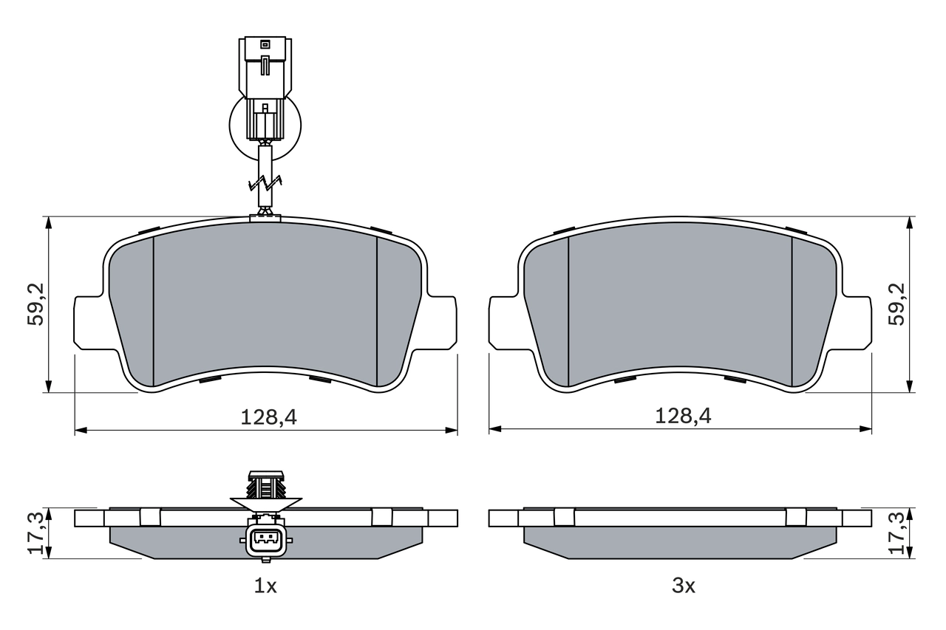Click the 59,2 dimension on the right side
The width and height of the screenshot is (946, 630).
pyautogui.click(x=896, y=304)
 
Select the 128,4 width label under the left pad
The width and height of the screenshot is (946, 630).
pyautogui.click(x=268, y=417)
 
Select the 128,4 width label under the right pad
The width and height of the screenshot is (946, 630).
pyautogui.click(x=683, y=417)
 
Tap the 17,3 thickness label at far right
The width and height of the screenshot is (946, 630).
pyautogui.click(x=896, y=533)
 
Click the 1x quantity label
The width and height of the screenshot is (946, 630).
pyautogui.click(x=265, y=586)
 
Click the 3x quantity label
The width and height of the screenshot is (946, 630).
pyautogui.click(x=683, y=586)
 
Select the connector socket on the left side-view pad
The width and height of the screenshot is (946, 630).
pyautogui.click(x=265, y=541)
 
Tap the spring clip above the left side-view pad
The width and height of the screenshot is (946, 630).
pyautogui.click(x=266, y=487)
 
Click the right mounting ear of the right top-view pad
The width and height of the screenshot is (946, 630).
pyautogui.click(x=857, y=322)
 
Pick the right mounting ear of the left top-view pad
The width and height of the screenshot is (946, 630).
pyautogui.click(x=441, y=322)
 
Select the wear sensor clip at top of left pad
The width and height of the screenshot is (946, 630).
pyautogui.click(x=265, y=216)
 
